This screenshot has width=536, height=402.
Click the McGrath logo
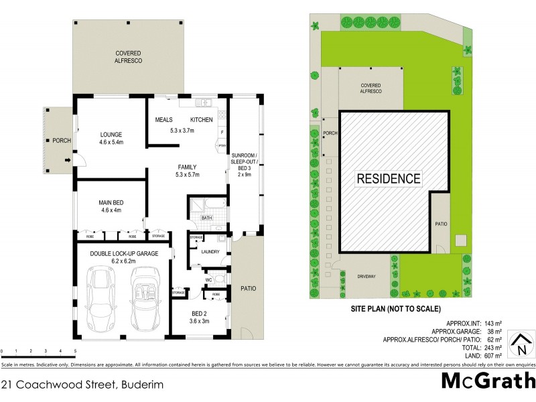[488, 381]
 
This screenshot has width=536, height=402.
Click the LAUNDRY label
[210, 252]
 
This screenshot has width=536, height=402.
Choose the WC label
[208, 279]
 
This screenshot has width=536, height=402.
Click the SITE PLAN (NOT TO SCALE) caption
[396, 310]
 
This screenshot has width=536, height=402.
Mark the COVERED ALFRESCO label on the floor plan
[128, 56]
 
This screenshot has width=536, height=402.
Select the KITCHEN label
[202, 120]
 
